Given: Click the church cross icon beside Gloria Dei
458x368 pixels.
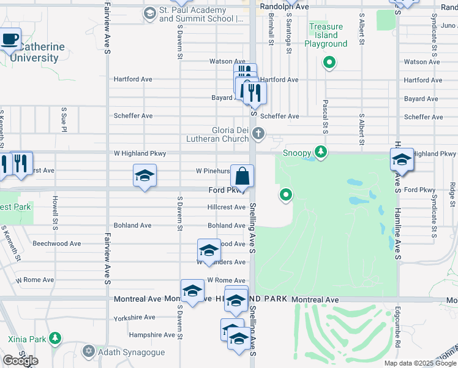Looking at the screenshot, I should coord(259,133).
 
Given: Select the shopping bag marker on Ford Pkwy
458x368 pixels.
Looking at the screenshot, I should coord(242,177).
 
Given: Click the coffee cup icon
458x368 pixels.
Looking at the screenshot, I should coord(10,39).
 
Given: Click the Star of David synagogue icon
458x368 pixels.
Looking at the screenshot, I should coord(88,351).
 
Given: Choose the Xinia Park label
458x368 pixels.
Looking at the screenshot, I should coord(27,339).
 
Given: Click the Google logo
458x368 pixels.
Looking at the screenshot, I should coord(20,361).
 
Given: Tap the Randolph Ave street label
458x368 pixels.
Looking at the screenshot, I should coord(284,6).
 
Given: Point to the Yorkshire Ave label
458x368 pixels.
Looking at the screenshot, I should coord(135,317).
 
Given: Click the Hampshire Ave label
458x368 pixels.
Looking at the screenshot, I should coord(152,335).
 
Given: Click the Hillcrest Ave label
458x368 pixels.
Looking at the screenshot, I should coord(227,207).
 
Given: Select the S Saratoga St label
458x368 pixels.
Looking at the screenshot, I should coord(288,28).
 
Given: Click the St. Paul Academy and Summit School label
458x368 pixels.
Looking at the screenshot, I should coord(201,15).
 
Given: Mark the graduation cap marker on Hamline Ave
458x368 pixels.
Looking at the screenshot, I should coord(402,160).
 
